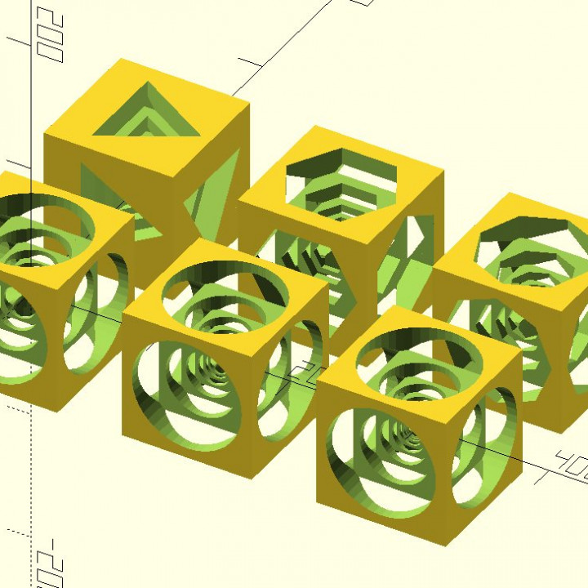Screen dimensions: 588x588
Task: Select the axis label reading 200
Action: click(x=51, y=37)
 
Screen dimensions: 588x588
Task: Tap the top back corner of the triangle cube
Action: click(x=122, y=60)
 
